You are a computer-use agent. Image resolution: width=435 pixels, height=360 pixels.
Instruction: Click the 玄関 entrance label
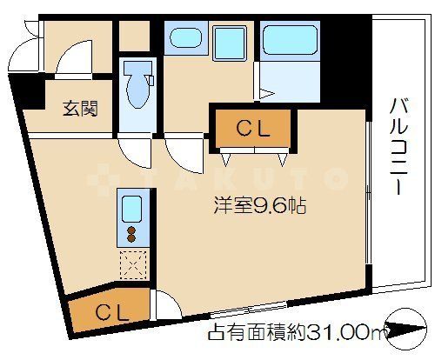point(79,110)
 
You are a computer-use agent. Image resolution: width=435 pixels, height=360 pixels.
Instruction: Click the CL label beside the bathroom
point(253,129)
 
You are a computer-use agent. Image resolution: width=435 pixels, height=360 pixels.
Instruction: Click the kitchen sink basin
point(131,210)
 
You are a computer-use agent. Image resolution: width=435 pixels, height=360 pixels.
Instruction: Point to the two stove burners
point(132,235)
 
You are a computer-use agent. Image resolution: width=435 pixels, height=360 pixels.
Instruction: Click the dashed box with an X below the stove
point(132,262)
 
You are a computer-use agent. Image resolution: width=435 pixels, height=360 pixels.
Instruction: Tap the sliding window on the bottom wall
point(249,306)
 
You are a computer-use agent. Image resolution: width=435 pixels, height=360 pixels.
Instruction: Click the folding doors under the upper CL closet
point(253,154)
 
